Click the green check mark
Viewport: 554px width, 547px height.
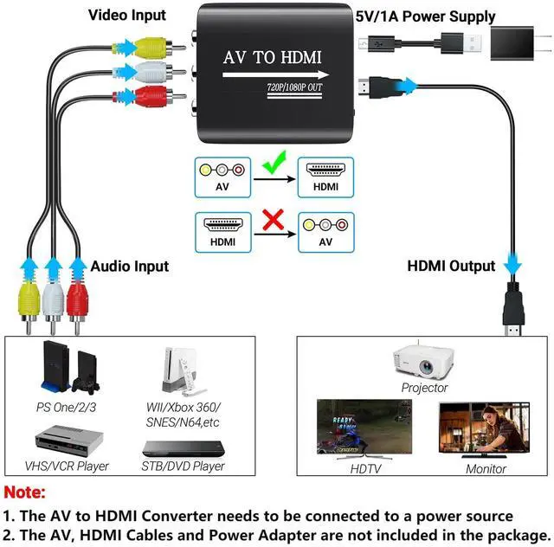click(274, 164)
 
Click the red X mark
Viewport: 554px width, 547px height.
click(274, 220)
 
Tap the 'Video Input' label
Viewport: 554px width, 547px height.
click(127, 16)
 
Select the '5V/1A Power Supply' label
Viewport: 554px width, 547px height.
click(425, 16)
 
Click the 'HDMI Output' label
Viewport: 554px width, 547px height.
click(451, 266)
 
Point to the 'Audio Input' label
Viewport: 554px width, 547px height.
click(130, 266)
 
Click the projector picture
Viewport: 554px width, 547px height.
click(423, 361)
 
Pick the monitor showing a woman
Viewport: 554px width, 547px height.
click(484, 429)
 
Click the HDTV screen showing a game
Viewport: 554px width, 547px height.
click(364, 428)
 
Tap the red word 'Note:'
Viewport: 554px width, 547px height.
click(25, 492)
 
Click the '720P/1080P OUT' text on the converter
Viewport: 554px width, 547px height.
click(294, 87)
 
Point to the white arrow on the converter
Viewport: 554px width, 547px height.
click(275, 75)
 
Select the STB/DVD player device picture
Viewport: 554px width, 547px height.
click(184, 449)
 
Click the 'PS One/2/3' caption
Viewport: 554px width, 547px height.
click(66, 408)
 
